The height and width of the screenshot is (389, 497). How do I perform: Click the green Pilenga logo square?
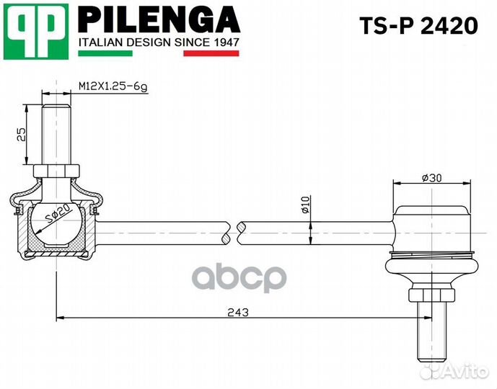coord(36,31)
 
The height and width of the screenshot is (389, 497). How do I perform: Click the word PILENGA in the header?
coord(159,19)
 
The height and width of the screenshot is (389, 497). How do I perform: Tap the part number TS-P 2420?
coord(418,26)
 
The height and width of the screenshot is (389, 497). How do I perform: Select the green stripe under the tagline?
coord(105,53)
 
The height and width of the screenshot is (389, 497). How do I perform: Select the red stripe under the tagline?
coord(211,53)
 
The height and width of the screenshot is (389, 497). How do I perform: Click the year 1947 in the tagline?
coord(226,42)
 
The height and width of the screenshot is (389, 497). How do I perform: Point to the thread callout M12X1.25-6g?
coord(113,86)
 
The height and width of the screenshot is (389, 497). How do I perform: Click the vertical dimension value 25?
coord(21,135)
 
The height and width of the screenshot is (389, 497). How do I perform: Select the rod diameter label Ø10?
coord(305,205)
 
